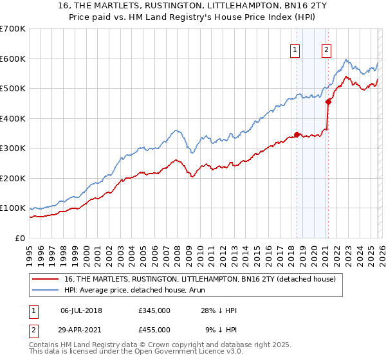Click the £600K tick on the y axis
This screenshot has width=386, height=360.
(x=13, y=59)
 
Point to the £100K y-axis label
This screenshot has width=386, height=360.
(x=13, y=208)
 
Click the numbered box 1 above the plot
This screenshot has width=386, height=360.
(x=295, y=50)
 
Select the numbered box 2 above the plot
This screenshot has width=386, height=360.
(x=327, y=50)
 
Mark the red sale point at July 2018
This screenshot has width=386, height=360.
(x=297, y=134)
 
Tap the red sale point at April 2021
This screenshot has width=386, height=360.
(x=329, y=101)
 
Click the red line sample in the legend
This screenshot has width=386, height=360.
(x=45, y=279)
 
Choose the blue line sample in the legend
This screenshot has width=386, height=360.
(x=45, y=290)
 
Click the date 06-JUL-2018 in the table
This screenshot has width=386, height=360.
(x=81, y=310)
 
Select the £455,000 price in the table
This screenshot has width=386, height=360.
(x=154, y=330)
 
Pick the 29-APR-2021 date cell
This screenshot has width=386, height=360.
(x=81, y=330)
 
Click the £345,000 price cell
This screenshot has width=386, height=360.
(x=154, y=310)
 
